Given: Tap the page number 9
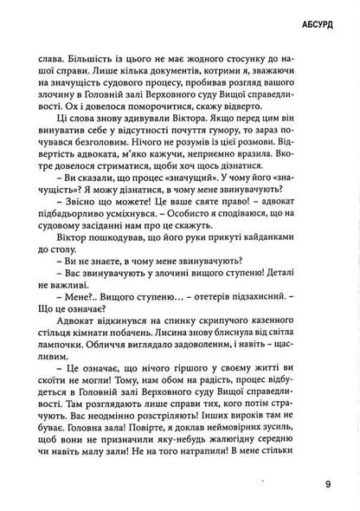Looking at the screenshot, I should pyautogui.click(x=327, y=484).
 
